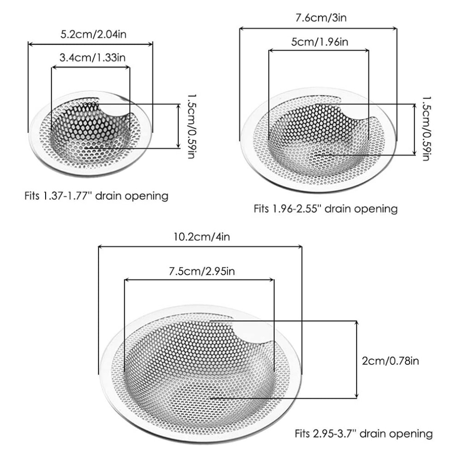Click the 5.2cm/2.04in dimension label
(94, 35)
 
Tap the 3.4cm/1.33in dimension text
(93, 57)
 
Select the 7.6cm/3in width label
(321, 18)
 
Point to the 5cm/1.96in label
(320, 42)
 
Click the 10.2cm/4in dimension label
(202, 237)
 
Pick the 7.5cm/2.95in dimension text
(202, 271)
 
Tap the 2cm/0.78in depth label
(390, 361)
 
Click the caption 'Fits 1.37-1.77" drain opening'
(96, 196)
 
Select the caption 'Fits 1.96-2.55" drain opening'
(326, 209)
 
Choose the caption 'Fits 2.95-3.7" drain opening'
(363, 433)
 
